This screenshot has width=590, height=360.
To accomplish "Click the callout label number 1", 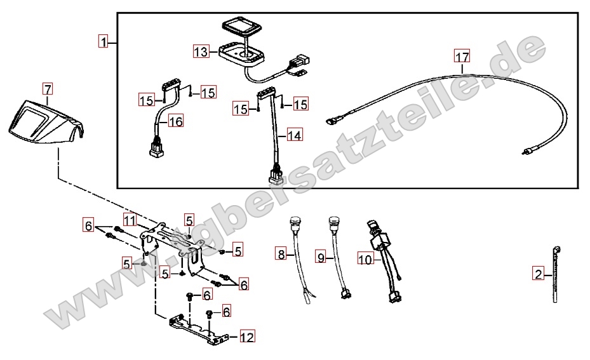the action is [104, 41].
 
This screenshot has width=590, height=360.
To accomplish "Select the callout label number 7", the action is [48, 90].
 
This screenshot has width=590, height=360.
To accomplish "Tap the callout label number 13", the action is [201, 51].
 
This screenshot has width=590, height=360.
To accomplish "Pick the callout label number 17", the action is [462, 57].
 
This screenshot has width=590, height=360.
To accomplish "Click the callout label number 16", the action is [175, 121].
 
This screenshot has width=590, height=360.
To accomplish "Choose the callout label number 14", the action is [294, 135].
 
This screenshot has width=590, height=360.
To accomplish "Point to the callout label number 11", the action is [130, 220].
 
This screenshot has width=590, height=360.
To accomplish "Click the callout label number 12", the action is [247, 337].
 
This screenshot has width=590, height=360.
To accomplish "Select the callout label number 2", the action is [539, 274].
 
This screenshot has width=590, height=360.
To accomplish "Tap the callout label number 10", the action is [365, 259].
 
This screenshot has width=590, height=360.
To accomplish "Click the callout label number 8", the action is [281, 255].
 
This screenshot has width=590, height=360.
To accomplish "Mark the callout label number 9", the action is [321, 257].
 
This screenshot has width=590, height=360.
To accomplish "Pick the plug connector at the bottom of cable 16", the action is [156, 148].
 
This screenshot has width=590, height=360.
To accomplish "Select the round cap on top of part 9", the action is [334, 220].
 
